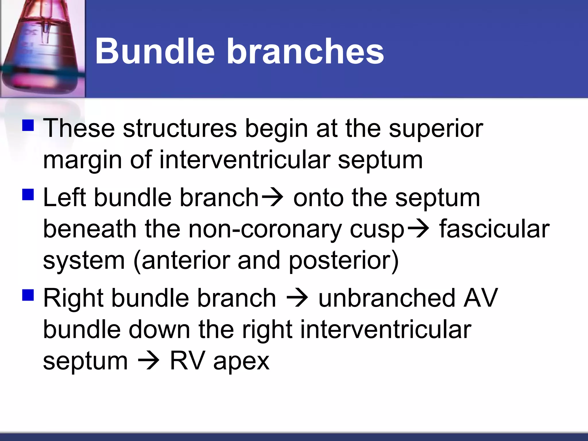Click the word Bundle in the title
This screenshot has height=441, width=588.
coord(155,52)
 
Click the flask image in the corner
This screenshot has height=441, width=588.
coord(42,49)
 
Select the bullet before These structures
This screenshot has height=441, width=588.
coord(28,125)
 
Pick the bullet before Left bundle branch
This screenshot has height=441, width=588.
coord(28,194)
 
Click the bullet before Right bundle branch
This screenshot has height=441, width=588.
coord(28,295)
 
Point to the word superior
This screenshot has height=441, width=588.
coord(436,129)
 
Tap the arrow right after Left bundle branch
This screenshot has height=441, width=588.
coord(272,198)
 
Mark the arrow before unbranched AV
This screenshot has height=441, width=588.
coord(297,298)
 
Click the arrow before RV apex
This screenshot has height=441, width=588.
coord(149,361)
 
